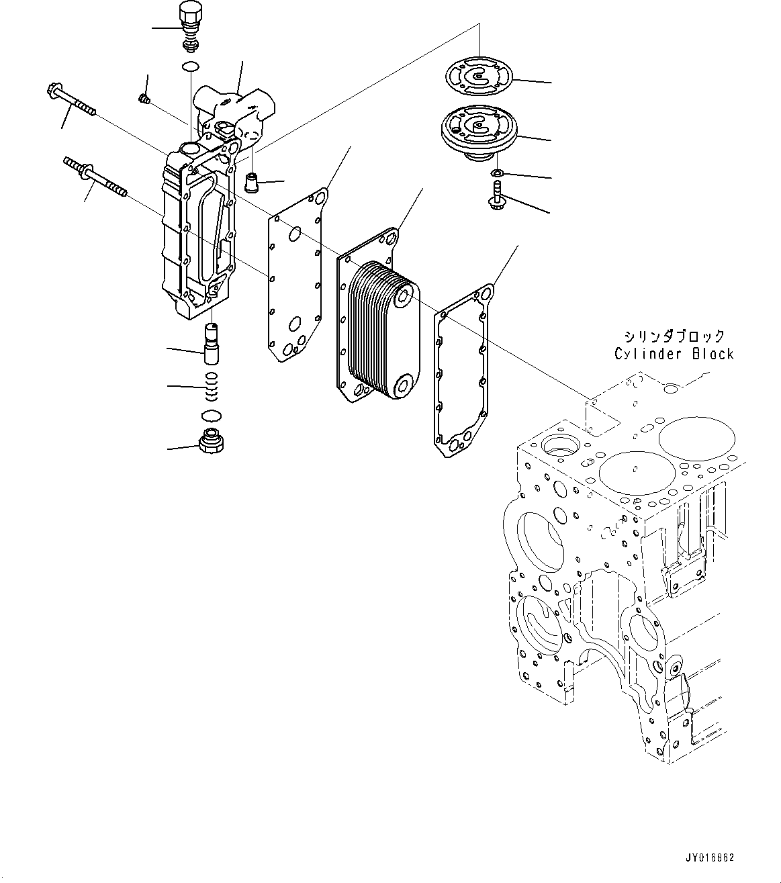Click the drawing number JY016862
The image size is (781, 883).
(710, 857)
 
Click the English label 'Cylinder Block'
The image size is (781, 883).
(674, 354)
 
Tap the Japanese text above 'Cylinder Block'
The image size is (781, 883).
(674, 336)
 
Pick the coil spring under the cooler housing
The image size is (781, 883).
(212, 385)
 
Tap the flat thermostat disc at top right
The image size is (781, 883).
(479, 76)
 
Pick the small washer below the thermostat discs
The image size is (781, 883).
(496, 175)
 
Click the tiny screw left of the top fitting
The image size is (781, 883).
(143, 99)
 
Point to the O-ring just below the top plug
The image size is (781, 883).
(191, 66)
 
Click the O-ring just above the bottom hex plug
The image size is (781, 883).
(211, 415)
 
